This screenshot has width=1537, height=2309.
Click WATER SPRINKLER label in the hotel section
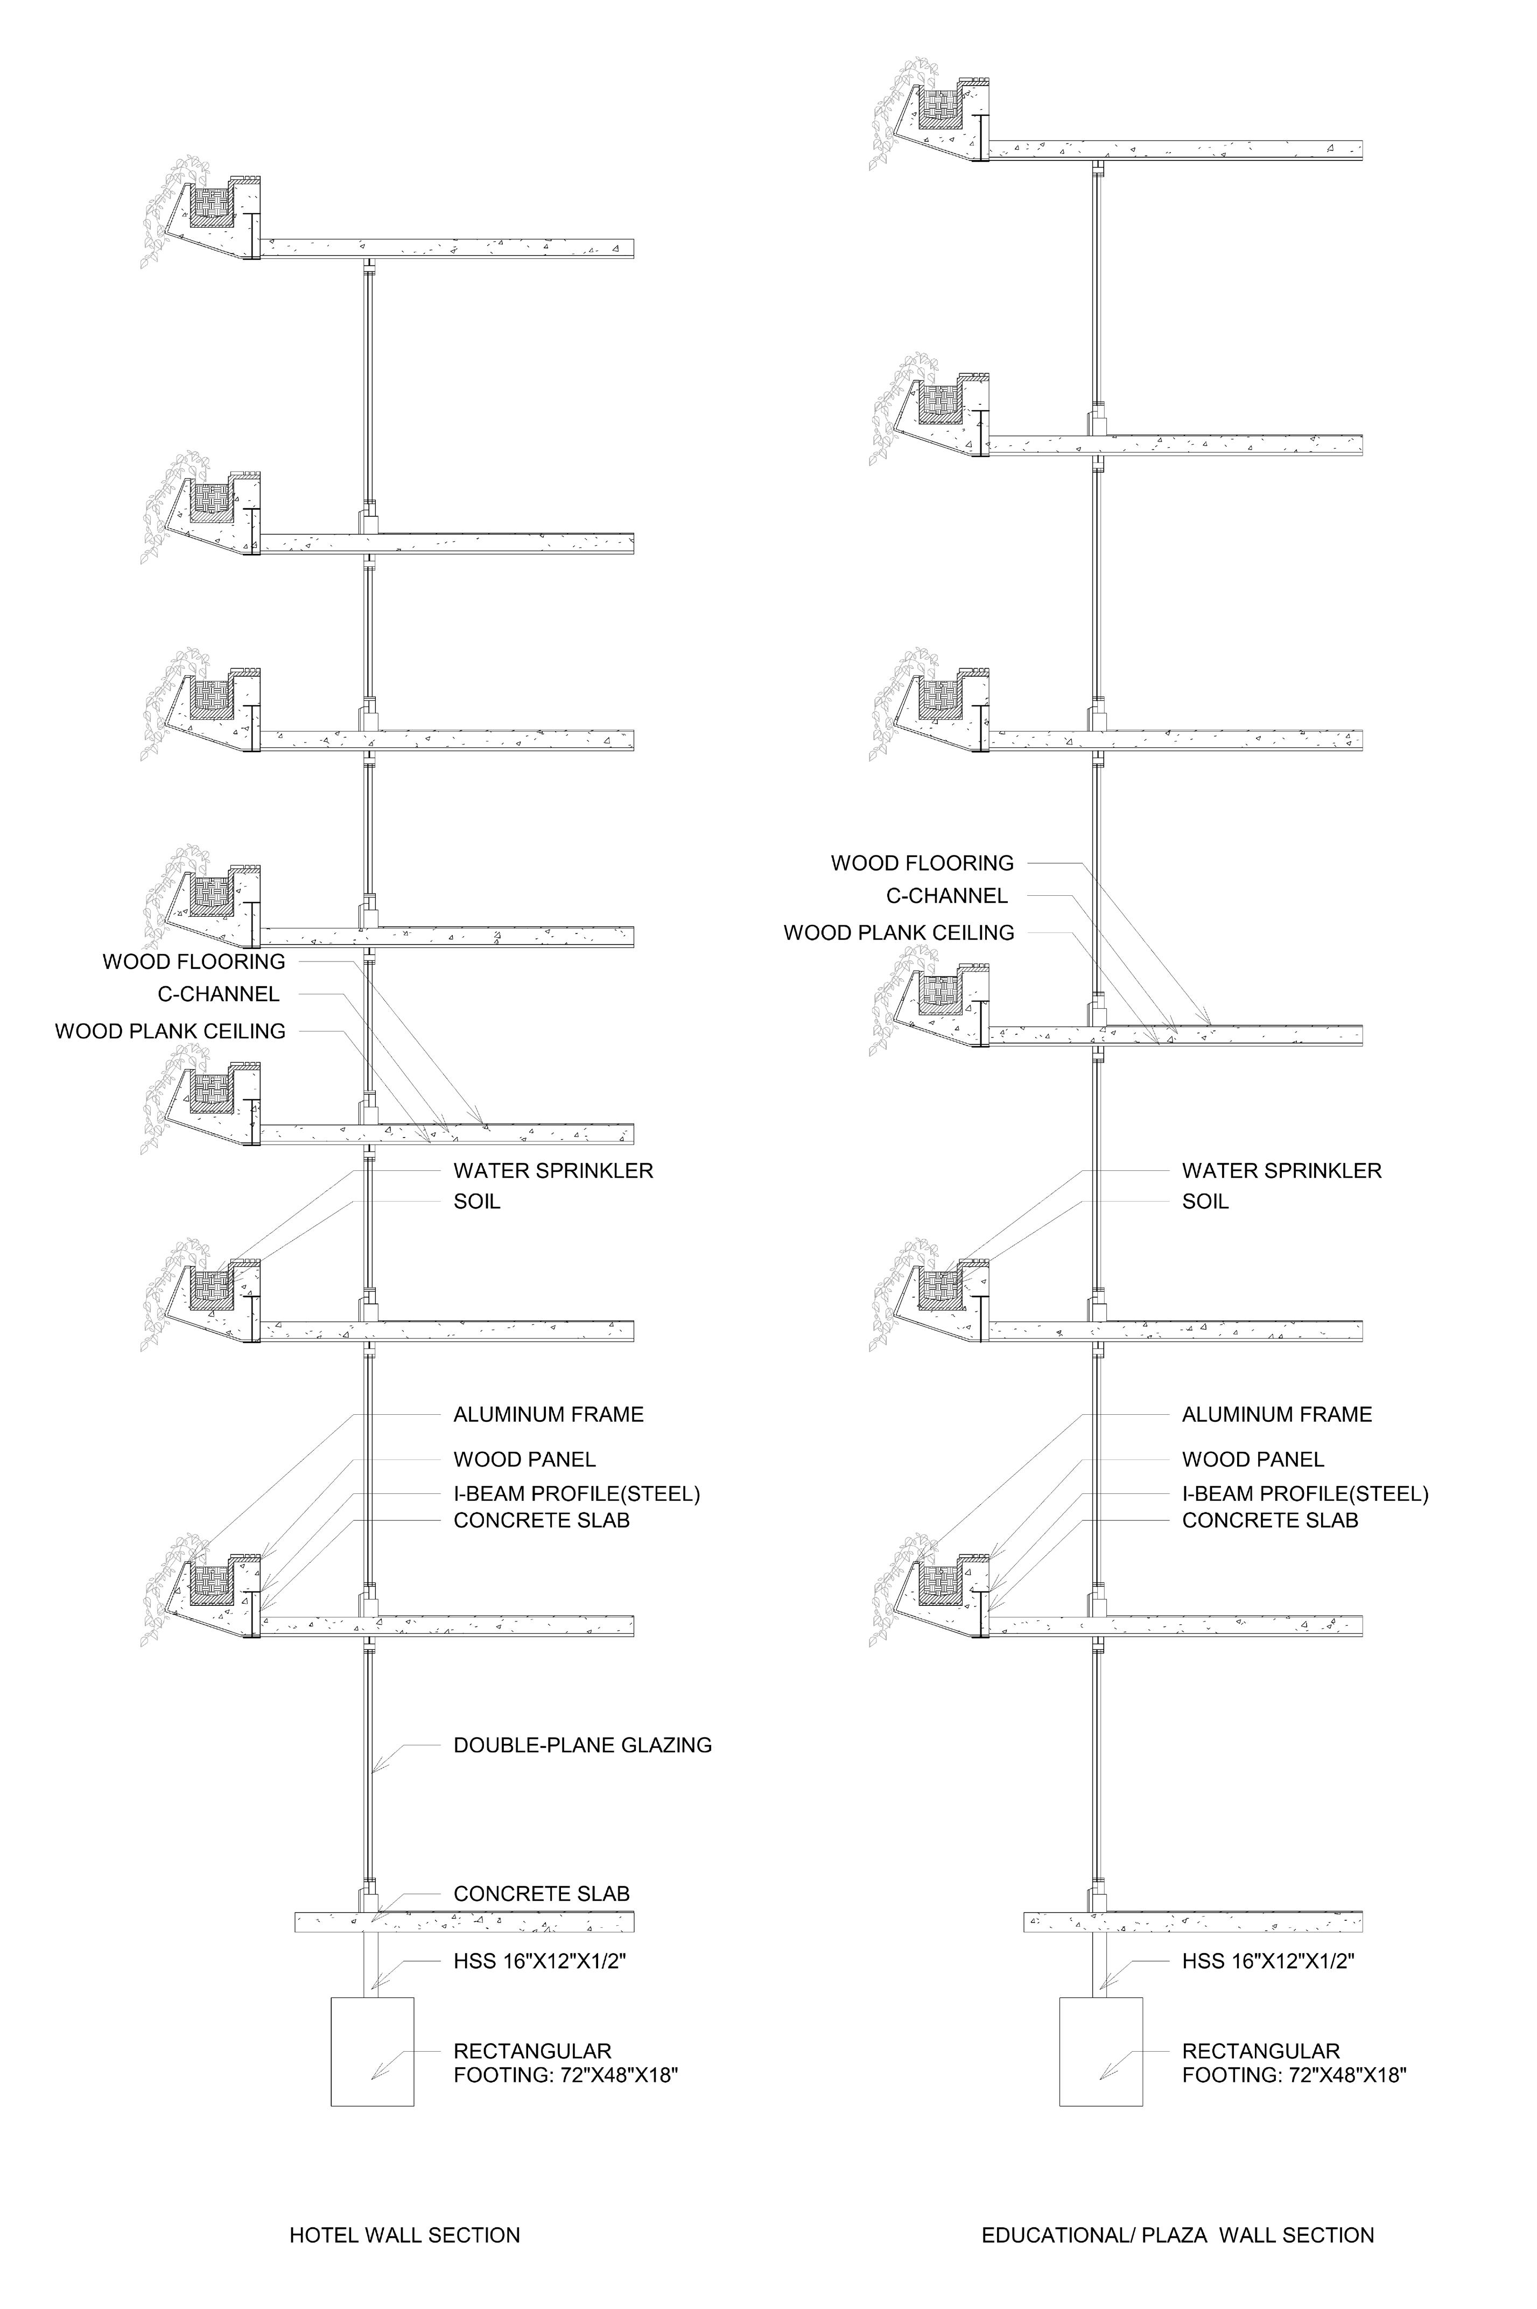point(553,1170)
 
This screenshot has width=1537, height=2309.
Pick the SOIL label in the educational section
point(1205,1202)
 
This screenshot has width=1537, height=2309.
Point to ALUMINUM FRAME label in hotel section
point(548,1414)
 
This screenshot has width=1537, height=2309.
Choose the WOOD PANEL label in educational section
point(1253,1459)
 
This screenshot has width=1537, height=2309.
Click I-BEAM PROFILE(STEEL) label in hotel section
point(577,1493)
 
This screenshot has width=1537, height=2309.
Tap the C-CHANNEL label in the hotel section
point(219,994)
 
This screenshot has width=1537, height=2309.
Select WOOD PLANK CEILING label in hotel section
point(170,1031)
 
